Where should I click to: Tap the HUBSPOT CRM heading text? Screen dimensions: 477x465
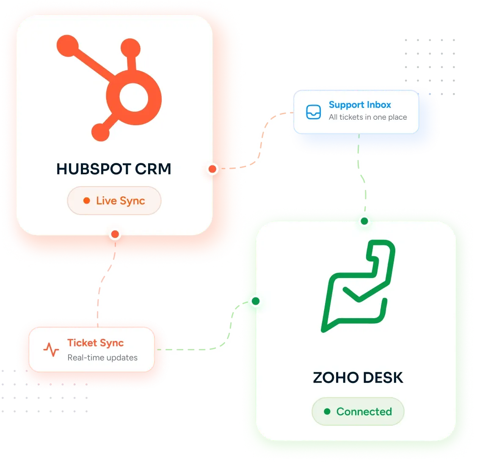[x=114, y=169]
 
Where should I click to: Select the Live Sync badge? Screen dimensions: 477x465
[x=114, y=201]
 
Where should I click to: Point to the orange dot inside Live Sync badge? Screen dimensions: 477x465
[x=87, y=201]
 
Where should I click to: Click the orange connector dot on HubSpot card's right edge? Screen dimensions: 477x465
[x=212, y=169]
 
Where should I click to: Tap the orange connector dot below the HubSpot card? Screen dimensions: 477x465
[x=115, y=234]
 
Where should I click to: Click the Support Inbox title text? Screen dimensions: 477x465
[x=360, y=105]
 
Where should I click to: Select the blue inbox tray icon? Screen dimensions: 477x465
[x=313, y=112]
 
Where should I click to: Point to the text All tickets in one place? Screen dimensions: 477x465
[x=368, y=117]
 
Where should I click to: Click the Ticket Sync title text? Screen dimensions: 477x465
[x=96, y=343]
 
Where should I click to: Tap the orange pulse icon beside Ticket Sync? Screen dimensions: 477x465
[x=51, y=349]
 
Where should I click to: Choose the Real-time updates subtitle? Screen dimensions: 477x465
[x=102, y=358]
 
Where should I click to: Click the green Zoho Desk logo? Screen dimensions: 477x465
[x=358, y=286]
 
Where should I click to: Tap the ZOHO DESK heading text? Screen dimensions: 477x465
[x=358, y=378]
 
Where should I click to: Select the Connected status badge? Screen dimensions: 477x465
[x=358, y=411]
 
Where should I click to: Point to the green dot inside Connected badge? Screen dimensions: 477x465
[x=327, y=411]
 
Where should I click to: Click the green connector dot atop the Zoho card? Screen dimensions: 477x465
[x=364, y=221]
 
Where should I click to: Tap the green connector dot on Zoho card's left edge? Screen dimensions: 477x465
[x=256, y=301]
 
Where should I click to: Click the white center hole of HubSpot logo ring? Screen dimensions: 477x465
[x=134, y=97]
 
